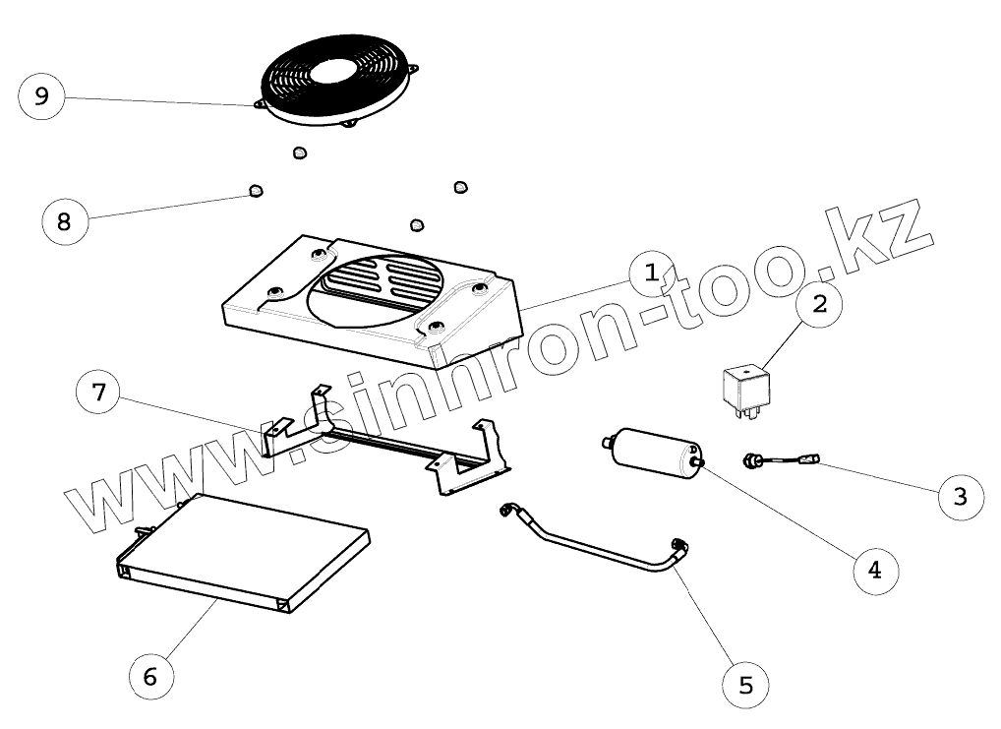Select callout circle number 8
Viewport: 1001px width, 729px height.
(65, 220)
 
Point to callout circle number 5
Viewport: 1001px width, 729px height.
(745, 684)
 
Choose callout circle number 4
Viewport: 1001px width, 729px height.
(874, 568)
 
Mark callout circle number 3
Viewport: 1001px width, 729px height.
(959, 496)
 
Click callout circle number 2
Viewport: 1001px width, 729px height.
(818, 303)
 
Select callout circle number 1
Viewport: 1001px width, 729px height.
(651, 274)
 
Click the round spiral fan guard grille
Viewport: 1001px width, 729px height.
(335, 77)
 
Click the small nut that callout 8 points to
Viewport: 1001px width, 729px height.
(256, 189)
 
